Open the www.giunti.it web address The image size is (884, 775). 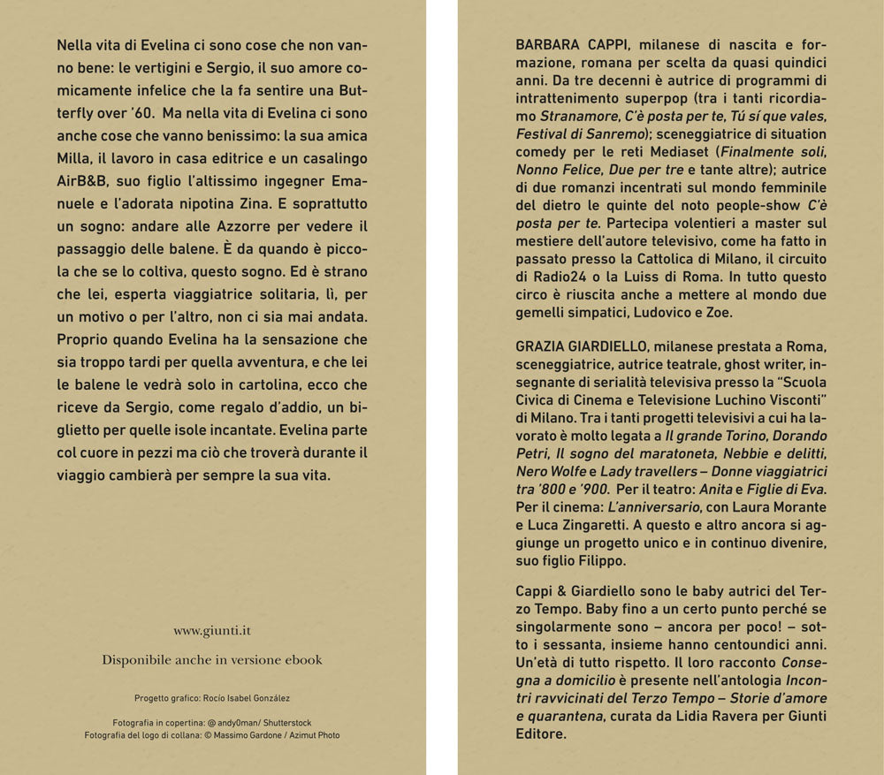(211, 631)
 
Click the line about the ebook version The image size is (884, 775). (211, 659)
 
